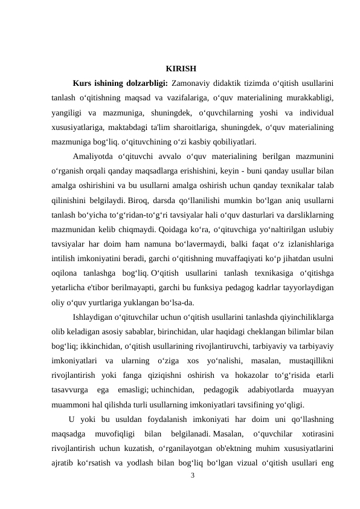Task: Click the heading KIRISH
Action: (180, 67)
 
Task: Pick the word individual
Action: (313, 112)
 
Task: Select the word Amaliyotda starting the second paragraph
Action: (93, 157)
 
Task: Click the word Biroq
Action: (149, 201)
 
